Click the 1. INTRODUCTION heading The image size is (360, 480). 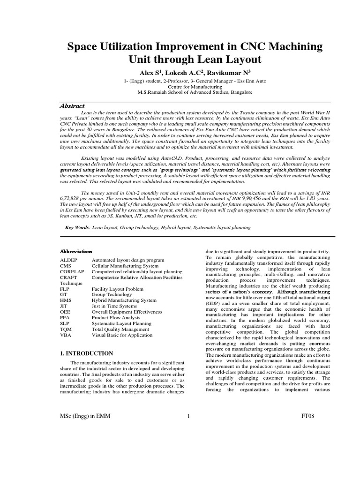(87, 353)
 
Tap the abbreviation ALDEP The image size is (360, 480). (68, 259)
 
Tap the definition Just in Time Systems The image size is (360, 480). (114, 306)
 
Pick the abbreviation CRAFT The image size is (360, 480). (68, 277)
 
